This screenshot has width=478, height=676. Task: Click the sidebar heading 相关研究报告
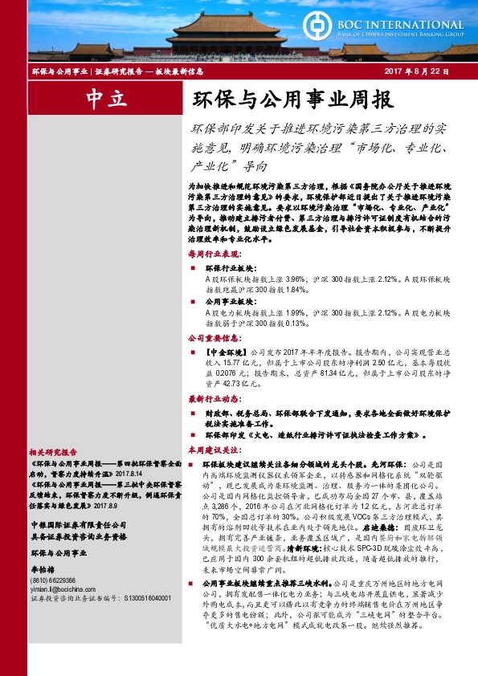pyautogui.click(x=53, y=451)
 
